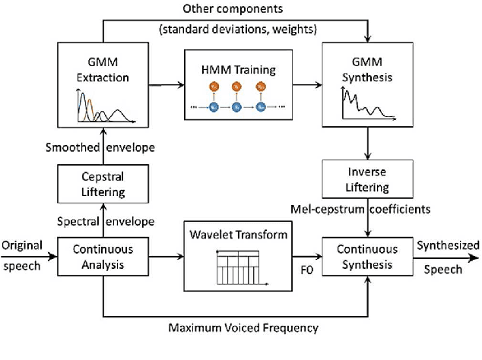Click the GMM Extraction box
tap(103, 84)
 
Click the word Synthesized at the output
tap(449, 245)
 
